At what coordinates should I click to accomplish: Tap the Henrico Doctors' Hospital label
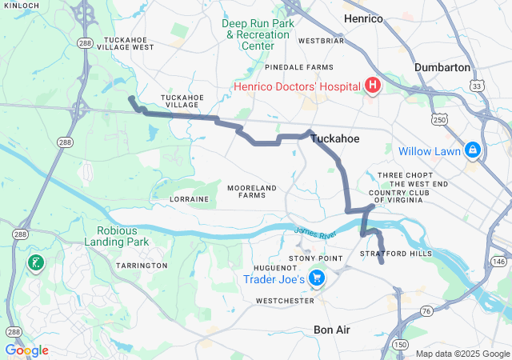(x=298, y=86)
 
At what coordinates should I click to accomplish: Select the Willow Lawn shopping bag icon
(x=473, y=150)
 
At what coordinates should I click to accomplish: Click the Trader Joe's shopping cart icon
(x=318, y=278)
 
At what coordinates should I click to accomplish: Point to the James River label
(x=310, y=232)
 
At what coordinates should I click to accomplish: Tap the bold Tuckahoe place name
(x=334, y=139)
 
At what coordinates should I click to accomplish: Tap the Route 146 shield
(x=498, y=262)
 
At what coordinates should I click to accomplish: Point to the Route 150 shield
(x=398, y=344)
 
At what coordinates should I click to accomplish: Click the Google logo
(x=26, y=350)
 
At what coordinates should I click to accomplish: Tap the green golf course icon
(x=35, y=262)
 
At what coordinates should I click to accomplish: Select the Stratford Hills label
(x=396, y=254)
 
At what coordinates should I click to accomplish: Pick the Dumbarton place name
(x=442, y=68)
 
